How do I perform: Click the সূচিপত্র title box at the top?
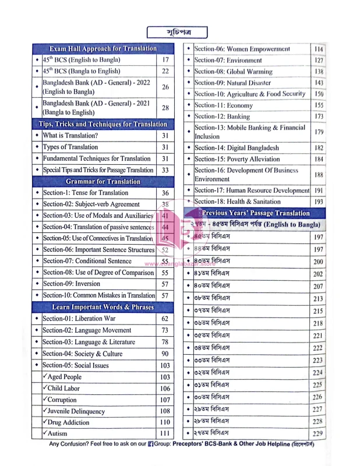pos(177,31)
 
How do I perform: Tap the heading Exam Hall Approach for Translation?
pos(100,48)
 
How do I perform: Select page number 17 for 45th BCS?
pos(165,59)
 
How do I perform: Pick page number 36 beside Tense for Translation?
pos(165,193)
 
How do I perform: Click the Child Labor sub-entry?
pos(68,388)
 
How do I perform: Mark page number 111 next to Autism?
pos(165,433)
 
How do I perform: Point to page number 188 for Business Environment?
pos(318,174)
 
